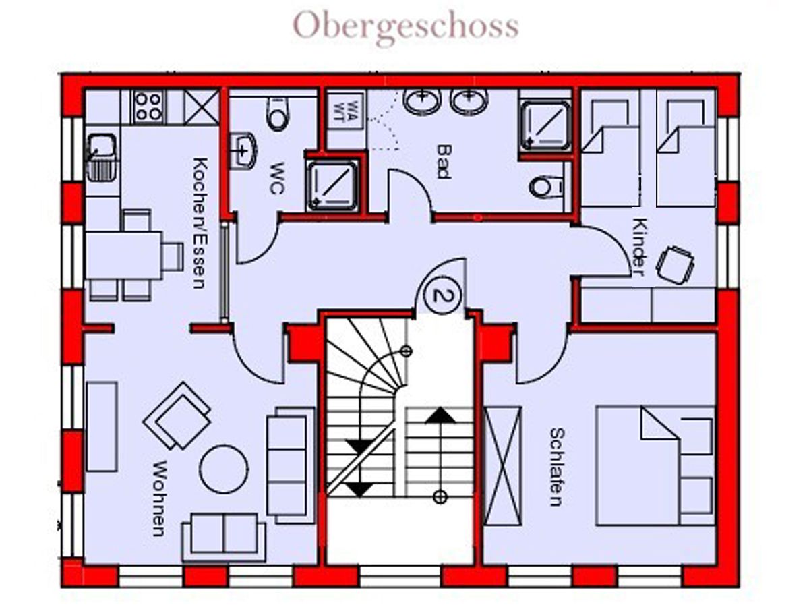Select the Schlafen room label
point(556,466)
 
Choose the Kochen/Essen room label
point(198,223)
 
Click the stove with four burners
point(148,106)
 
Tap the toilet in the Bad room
point(546,186)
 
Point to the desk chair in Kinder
point(675,264)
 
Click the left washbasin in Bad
point(421,101)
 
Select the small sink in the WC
point(243,150)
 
